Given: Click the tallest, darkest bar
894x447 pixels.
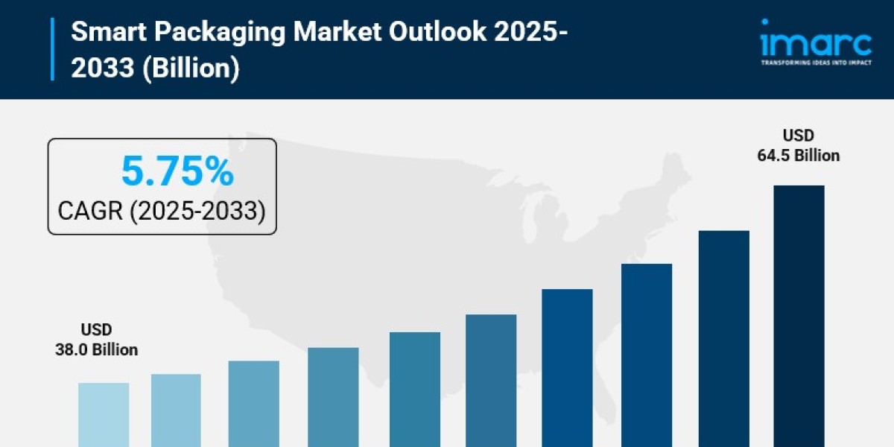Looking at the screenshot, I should pos(799,317).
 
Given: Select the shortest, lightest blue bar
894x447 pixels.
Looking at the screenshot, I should pos(104,414).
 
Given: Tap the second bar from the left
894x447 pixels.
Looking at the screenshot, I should pos(176,410).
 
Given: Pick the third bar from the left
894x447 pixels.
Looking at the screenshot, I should pos(254,404).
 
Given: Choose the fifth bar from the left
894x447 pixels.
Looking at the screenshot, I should pos(415,389).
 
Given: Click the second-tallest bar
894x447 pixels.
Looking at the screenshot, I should pos(723,339).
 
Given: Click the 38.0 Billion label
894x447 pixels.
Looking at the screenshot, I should pos(96,349).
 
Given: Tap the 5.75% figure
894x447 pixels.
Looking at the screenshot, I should pos(177,173).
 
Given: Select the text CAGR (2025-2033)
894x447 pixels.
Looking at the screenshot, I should pos(162,211).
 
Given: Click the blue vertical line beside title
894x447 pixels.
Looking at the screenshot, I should pos(52,49).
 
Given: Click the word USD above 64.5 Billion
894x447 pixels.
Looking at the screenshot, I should pos(798,136).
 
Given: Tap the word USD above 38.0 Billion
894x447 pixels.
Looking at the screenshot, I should pos(96,329).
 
